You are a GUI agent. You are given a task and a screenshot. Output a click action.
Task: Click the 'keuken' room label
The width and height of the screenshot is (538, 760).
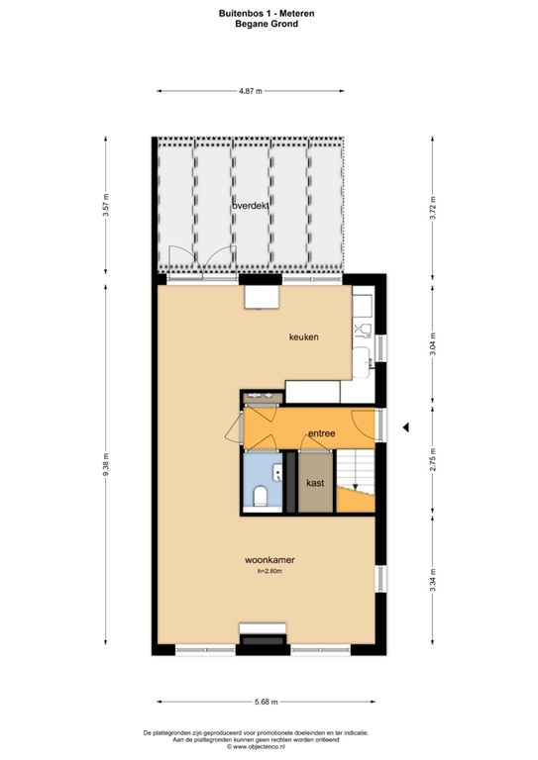(x=303, y=337)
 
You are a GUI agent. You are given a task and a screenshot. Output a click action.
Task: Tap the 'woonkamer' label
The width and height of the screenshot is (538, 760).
(x=270, y=560)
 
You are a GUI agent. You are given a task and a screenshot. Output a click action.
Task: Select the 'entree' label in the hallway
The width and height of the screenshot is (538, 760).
(x=321, y=433)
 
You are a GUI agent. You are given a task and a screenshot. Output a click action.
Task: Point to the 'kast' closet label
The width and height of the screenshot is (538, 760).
(x=316, y=483)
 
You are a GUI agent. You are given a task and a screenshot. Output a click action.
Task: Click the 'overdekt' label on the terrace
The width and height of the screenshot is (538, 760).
(x=252, y=205)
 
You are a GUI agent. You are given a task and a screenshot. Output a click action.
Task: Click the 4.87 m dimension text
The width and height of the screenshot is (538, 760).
(x=251, y=91)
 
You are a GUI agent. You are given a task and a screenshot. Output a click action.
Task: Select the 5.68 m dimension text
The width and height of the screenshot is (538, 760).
(x=266, y=702)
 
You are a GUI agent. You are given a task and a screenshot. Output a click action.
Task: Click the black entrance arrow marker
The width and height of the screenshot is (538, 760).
(x=404, y=427)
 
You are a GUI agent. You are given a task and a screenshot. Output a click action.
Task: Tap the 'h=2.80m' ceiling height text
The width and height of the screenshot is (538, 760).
(x=270, y=571)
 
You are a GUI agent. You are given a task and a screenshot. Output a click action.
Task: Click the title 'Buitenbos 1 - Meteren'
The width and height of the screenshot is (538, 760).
(x=269, y=14)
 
